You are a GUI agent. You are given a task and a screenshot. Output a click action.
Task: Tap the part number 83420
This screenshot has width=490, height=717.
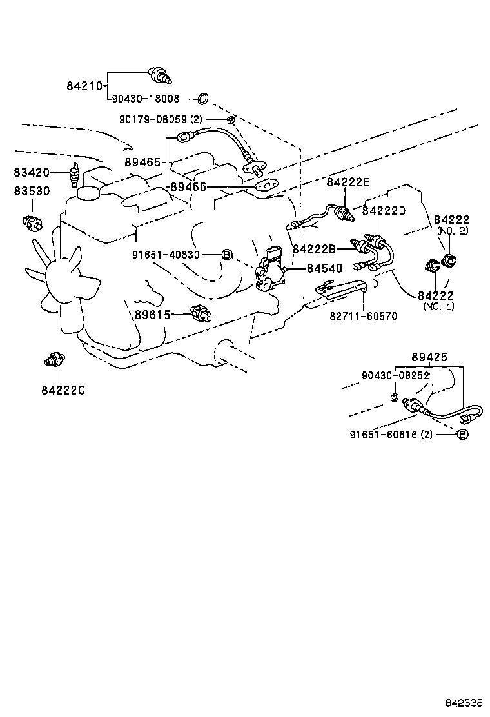coord(32,173)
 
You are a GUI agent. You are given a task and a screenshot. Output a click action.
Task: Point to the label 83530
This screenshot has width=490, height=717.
coord(32,192)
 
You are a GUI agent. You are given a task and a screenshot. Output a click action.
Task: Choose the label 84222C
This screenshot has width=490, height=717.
coord(63,389)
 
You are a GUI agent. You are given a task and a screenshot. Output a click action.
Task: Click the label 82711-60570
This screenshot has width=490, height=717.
coord(364,316)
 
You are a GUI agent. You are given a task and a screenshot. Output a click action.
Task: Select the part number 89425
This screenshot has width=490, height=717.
coord(429,357)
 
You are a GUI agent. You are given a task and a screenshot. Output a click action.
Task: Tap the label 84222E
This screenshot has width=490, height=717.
coord(349,182)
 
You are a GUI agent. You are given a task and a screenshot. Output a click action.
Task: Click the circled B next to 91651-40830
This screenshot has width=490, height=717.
coord(226,255)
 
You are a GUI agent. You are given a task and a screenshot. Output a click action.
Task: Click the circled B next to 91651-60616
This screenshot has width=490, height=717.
coord(462,435)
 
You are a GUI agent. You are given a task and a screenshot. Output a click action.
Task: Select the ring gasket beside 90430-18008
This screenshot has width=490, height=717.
coord(202,99)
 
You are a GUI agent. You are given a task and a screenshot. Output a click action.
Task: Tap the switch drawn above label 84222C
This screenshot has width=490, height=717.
coord(52,359)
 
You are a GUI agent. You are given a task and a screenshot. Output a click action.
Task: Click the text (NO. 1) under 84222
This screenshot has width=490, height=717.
coord(438,306)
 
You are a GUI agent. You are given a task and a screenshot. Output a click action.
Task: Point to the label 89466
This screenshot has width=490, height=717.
coord(188,187)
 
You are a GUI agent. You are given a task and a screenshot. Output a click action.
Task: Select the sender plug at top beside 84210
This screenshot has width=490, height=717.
coord(160,74)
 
